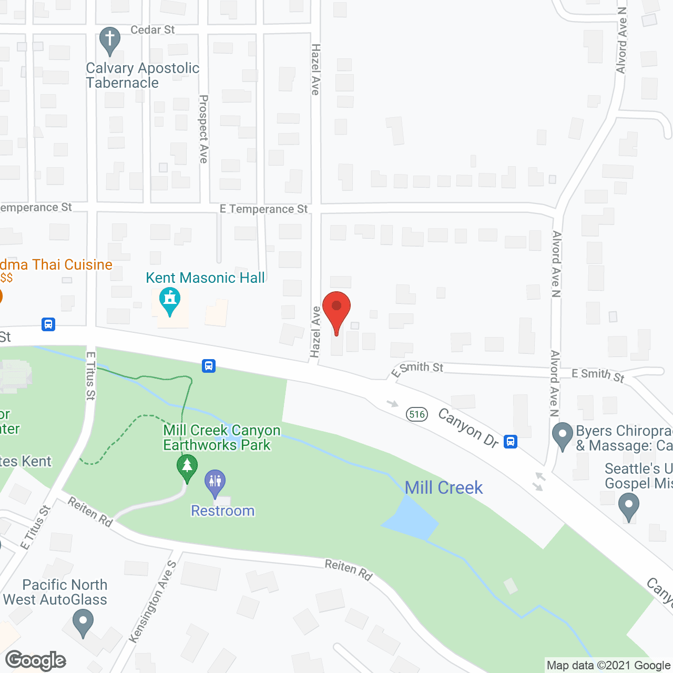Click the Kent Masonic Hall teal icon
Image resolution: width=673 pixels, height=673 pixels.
point(170,300)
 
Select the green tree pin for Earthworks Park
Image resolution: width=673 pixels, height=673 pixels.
point(187,466)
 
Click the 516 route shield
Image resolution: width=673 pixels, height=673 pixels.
point(417,414)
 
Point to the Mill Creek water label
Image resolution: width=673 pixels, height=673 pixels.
point(444,488)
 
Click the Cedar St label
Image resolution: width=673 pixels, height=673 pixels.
point(152,30)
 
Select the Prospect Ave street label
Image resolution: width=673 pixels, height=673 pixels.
point(204,129)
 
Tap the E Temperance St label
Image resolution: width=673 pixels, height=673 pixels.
point(263,209)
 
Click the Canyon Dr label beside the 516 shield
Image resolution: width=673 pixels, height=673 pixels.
point(468,429)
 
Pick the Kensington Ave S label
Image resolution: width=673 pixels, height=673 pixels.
point(153,601)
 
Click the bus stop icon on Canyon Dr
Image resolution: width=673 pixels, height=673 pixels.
point(510,441)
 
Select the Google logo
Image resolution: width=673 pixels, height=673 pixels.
point(36,660)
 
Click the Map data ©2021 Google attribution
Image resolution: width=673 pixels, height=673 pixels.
point(608,666)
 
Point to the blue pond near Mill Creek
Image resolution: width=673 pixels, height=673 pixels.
point(411,518)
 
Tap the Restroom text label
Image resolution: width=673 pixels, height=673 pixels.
point(223,511)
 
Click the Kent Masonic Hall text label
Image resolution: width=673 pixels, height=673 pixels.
point(206,278)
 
